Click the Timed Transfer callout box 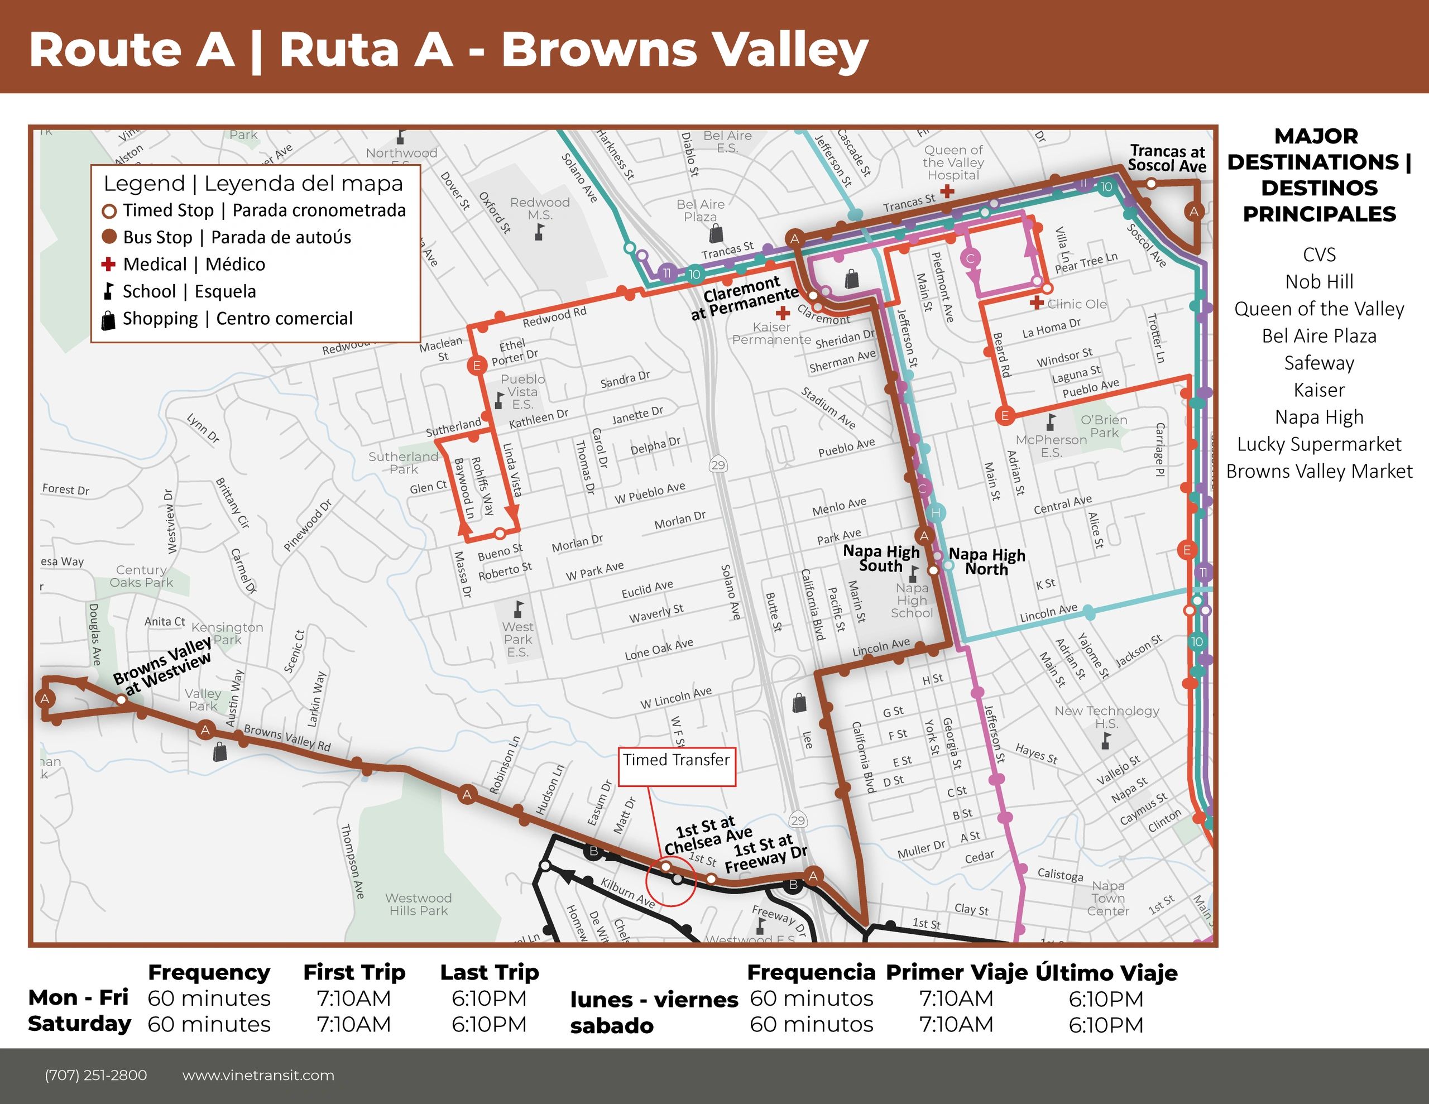pyautogui.click(x=677, y=766)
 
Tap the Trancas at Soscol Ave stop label pyautogui.click(x=1167, y=159)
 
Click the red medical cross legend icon pyautogui.click(x=109, y=265)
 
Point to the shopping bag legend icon pyautogui.click(x=109, y=320)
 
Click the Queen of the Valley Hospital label pyautogui.click(x=953, y=162)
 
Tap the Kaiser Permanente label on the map pyautogui.click(x=771, y=333)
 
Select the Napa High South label pyautogui.click(x=881, y=558)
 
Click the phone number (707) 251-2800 pyautogui.click(x=95, y=1075)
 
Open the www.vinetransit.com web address pyautogui.click(x=258, y=1075)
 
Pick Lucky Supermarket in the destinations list pyautogui.click(x=1318, y=444)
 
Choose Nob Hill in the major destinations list pyautogui.click(x=1318, y=282)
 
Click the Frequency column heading pyautogui.click(x=209, y=972)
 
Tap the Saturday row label pyautogui.click(x=79, y=1024)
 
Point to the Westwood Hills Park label pyautogui.click(x=418, y=904)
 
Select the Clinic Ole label pyautogui.click(x=1076, y=304)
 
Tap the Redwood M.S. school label pyautogui.click(x=540, y=208)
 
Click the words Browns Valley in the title pyautogui.click(x=684, y=50)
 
